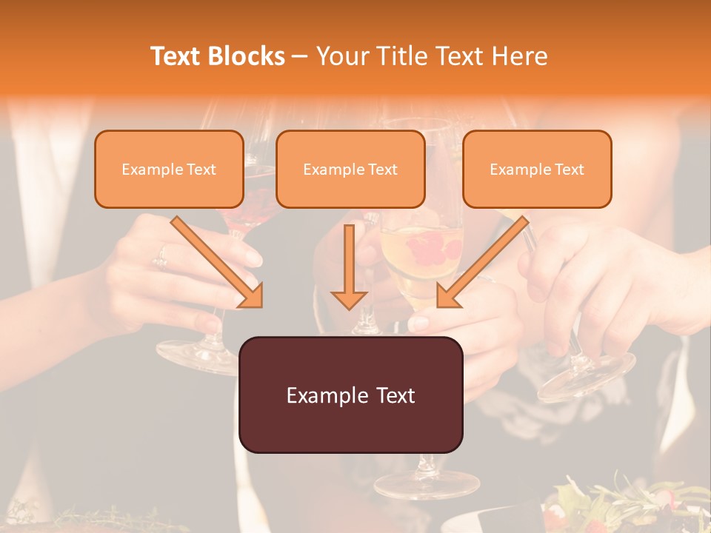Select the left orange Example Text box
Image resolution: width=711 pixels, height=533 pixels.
click(169, 169)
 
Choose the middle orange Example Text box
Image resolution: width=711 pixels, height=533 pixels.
click(350, 169)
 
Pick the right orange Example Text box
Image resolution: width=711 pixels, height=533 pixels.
click(537, 169)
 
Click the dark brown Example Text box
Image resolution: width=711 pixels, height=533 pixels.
click(350, 395)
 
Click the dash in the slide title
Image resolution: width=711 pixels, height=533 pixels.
click(300, 56)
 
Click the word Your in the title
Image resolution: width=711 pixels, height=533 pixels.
click(341, 56)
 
